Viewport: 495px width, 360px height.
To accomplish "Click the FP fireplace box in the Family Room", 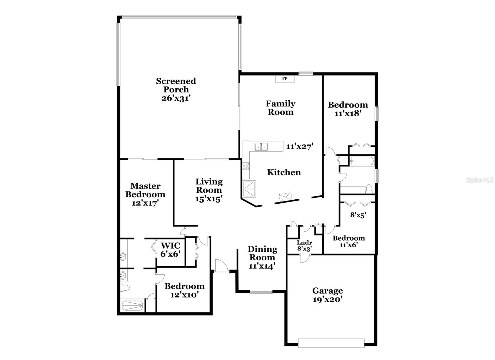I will click(285, 79).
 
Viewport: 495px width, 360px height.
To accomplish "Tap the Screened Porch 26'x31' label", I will click(176, 89).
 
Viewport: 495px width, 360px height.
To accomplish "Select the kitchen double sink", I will click(261, 146).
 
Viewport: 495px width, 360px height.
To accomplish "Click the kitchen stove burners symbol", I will click(246, 166).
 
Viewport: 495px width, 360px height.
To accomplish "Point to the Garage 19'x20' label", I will click(327, 295).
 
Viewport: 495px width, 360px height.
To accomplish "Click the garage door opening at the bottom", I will click(331, 343).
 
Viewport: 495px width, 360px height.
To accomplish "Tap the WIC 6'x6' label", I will click(170, 249).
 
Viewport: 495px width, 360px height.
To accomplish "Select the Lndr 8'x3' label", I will click(304, 245).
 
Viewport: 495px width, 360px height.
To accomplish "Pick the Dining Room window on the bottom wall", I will click(261, 291).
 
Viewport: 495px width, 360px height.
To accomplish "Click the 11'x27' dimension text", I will click(300, 146).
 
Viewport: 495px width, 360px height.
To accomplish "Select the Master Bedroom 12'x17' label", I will click(145, 194).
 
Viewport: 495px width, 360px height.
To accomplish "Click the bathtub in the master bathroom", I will click(132, 306).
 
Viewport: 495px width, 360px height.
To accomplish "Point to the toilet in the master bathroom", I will click(125, 288).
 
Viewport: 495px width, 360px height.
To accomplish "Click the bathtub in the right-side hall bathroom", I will click(362, 161).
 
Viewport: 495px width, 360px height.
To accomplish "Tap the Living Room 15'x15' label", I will click(209, 190).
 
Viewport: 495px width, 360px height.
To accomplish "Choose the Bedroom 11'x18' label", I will click(348, 109).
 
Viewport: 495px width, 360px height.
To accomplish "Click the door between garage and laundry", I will click(303, 258).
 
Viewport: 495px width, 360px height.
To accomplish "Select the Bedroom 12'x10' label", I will click(184, 290).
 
